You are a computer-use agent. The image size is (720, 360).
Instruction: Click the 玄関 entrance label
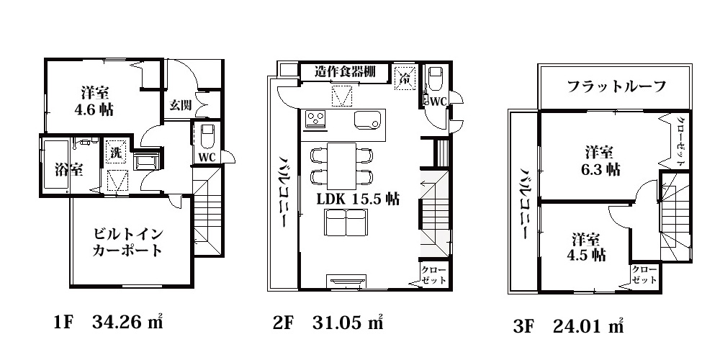[x=181, y=104]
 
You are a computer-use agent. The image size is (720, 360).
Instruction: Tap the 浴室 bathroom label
[x=69, y=170]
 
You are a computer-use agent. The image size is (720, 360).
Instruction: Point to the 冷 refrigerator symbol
[x=405, y=76]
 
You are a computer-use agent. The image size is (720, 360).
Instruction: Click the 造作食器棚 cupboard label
[x=346, y=71]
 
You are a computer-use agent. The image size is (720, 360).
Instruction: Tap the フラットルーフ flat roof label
[x=617, y=86]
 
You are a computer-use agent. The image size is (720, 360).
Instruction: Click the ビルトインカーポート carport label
[x=128, y=243]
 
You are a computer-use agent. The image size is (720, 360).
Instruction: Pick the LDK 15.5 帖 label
[x=358, y=199]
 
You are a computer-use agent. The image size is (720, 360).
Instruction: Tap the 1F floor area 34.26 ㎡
[x=109, y=323]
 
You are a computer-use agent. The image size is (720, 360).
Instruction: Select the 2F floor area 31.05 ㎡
[x=328, y=323]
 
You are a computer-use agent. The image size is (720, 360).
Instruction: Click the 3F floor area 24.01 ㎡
[x=568, y=326]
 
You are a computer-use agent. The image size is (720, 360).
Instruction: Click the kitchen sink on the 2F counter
[x=367, y=120]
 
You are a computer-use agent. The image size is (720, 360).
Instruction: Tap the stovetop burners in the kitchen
[x=315, y=120]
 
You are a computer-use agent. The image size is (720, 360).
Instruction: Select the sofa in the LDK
[x=346, y=222]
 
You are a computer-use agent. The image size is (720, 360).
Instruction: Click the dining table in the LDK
[x=341, y=166]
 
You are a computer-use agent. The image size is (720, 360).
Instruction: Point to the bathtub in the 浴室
[x=56, y=166]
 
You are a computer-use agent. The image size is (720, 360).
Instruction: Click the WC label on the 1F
[x=207, y=157]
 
